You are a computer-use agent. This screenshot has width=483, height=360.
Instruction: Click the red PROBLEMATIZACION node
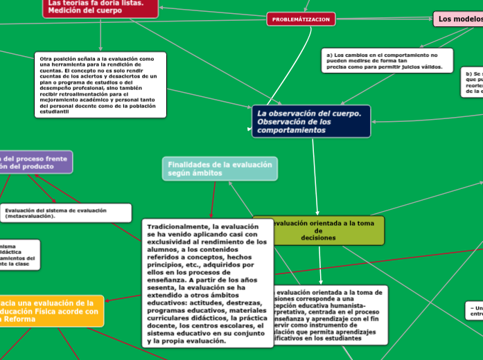pyautogui.click(x=301, y=19)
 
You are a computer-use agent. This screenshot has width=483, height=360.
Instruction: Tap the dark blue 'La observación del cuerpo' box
pyautogui.click(x=311, y=121)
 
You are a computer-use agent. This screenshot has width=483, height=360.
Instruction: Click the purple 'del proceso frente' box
pyautogui.click(x=35, y=163)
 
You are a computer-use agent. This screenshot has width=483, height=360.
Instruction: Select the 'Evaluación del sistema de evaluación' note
pyautogui.click(x=66, y=213)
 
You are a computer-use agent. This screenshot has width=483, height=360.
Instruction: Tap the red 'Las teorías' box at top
pyautogui.click(x=100, y=7)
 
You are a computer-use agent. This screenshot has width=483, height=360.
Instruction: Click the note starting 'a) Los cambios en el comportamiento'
pyautogui.click(x=387, y=61)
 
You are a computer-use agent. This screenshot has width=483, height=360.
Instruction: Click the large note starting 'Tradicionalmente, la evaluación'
pyautogui.click(x=207, y=283)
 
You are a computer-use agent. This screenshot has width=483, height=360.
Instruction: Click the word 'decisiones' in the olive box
pyautogui.click(x=319, y=237)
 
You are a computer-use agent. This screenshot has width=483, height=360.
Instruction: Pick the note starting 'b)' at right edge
pyautogui.click(x=472, y=82)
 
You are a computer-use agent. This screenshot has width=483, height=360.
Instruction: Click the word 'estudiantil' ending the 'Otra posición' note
pyautogui.click(x=54, y=111)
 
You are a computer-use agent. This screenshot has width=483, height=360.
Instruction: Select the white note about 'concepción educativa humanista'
pyautogui.click(x=326, y=315)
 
